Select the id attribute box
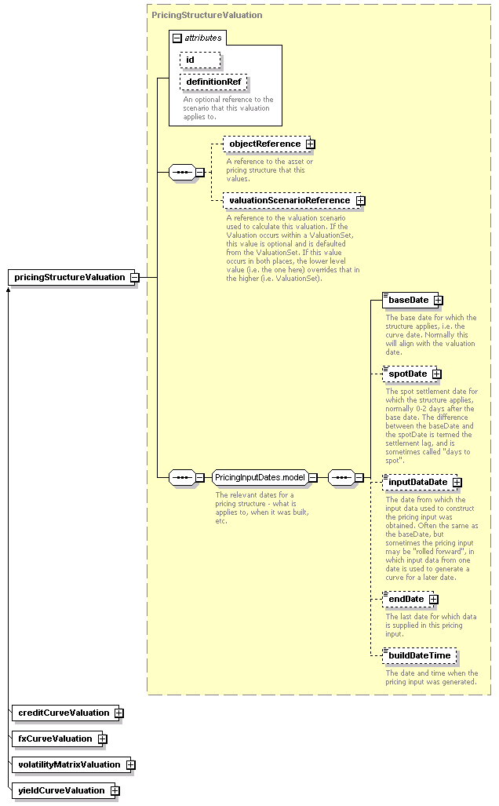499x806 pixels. click(x=200, y=60)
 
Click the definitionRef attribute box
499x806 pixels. click(x=213, y=82)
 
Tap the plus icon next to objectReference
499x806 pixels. click(x=311, y=144)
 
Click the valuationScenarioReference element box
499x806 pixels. click(x=290, y=200)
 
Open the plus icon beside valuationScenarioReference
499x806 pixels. click(x=361, y=200)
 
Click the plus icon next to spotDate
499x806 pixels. click(x=437, y=374)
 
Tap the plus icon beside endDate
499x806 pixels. click(x=434, y=600)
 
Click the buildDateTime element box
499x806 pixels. click(x=419, y=655)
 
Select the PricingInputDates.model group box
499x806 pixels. click(x=260, y=477)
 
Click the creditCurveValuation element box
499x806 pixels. click(x=65, y=713)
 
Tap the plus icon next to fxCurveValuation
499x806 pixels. click(x=103, y=739)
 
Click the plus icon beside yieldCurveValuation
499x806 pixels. click(x=115, y=790)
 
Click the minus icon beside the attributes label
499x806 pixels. click(x=177, y=38)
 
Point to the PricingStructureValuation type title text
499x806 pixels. click(x=206, y=15)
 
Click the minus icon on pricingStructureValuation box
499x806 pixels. click(x=135, y=278)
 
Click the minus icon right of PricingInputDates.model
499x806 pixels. click(x=313, y=477)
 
